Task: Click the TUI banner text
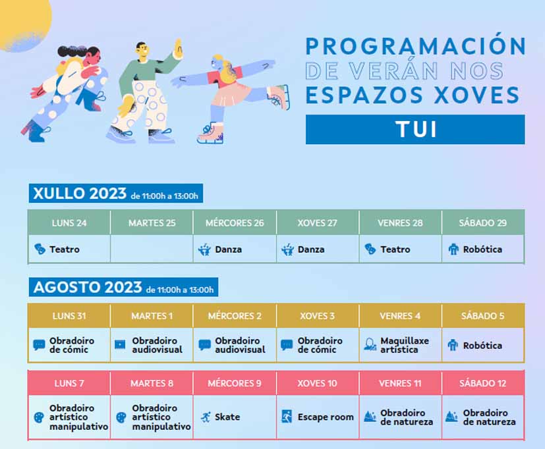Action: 416,129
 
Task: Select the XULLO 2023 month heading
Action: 80,194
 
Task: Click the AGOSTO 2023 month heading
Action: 88,288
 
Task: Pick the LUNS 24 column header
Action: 69,223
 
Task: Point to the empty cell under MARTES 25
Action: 152,249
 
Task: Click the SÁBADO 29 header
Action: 483,223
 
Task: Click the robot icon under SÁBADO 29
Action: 453,250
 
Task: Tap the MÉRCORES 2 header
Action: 235,316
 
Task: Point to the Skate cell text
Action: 227,417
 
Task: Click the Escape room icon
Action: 287,416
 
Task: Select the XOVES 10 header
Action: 318,383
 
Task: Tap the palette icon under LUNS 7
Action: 39,417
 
